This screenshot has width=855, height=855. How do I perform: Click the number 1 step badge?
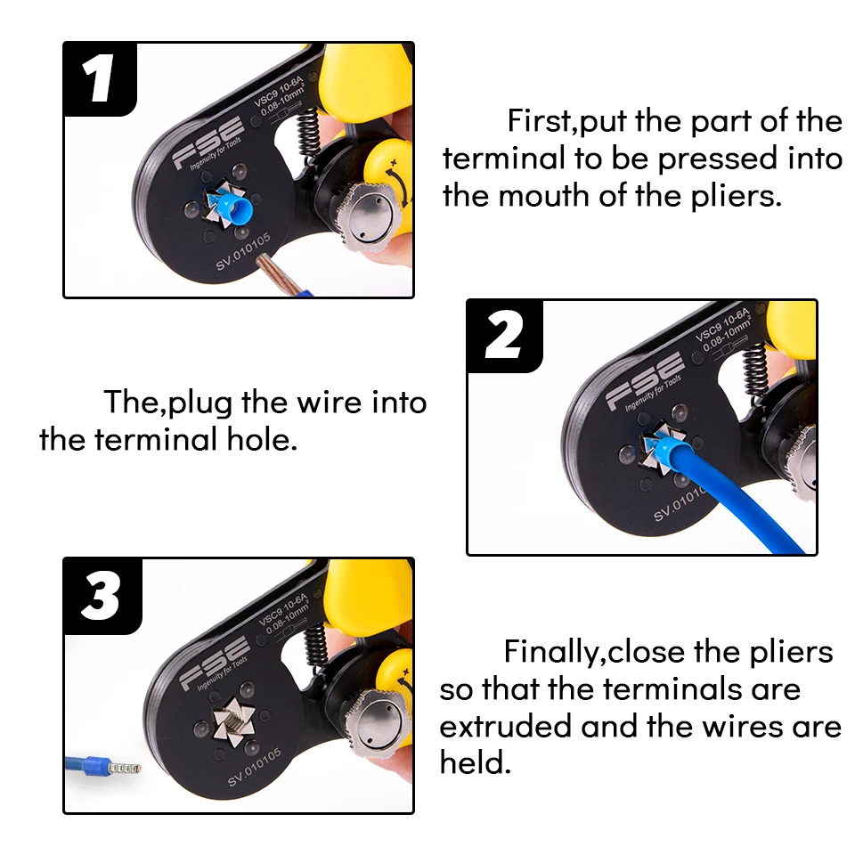[x=100, y=79]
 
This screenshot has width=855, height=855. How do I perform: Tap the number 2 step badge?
[x=504, y=336]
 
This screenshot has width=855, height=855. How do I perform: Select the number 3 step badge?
[x=102, y=596]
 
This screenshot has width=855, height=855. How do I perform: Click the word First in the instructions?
[x=538, y=120]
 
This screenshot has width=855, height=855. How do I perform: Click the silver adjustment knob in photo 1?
[x=368, y=216]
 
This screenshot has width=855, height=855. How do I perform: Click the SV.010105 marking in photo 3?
[x=254, y=767]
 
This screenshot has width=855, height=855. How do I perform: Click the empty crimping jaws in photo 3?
[x=233, y=721]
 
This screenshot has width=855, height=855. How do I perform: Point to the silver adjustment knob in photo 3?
[x=376, y=726]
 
